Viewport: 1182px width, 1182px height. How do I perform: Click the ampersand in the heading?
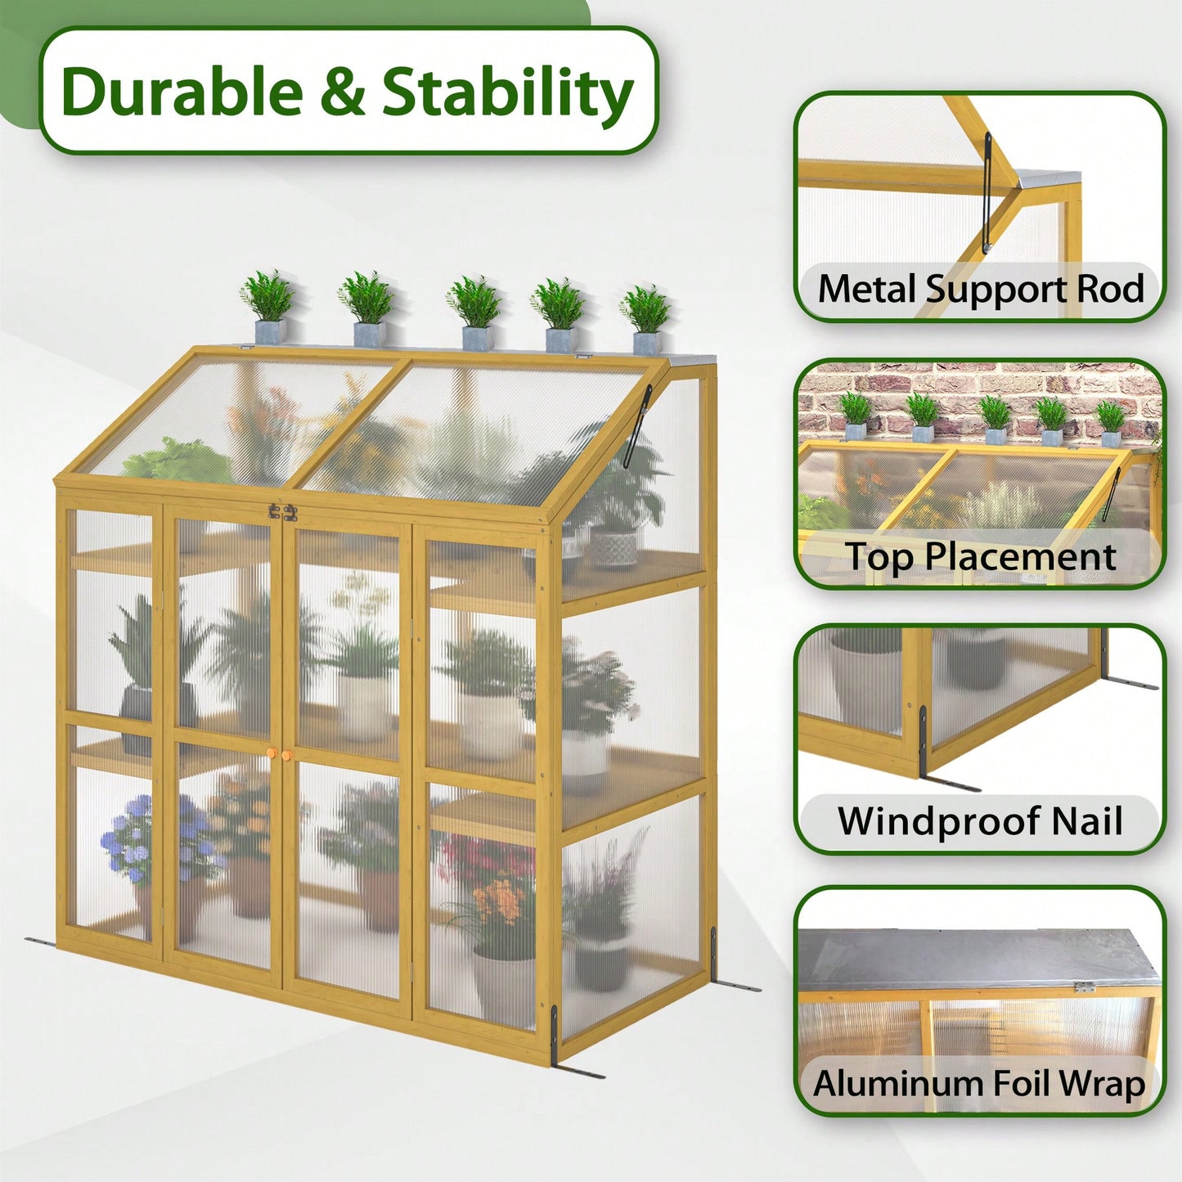pyautogui.click(x=343, y=92)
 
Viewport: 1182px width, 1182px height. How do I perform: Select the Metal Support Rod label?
pyautogui.click(x=980, y=288)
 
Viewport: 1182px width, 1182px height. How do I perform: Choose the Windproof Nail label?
pyautogui.click(x=980, y=820)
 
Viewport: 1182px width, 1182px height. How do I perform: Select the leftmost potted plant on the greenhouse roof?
pyautogui.click(x=268, y=307)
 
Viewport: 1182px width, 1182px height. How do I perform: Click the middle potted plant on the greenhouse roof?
pyautogui.click(x=474, y=312)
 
